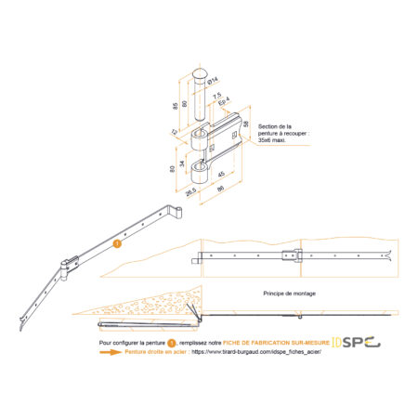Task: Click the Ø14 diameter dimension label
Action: (x=216, y=79)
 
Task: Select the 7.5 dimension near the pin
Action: (x=216, y=97)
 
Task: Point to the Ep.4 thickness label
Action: (x=222, y=105)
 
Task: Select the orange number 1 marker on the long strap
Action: (x=117, y=245)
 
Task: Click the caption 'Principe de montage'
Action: (x=289, y=292)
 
